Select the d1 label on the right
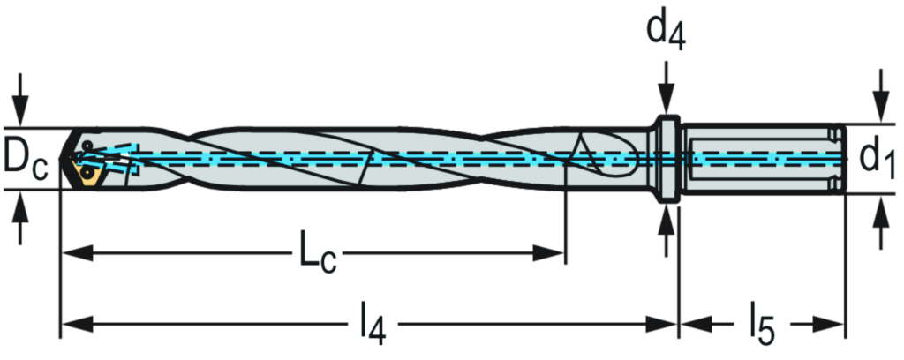[x=878, y=158]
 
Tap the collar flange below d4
[x=667, y=158]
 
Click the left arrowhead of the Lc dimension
[x=78, y=253]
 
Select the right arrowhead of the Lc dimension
[x=547, y=253]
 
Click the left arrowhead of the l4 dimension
[x=78, y=325]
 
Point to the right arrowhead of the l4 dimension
[x=660, y=325]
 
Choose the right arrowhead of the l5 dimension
[x=828, y=325]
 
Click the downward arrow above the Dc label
[x=21, y=99]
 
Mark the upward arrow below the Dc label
[x=21, y=219]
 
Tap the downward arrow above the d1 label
[x=880, y=95]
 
